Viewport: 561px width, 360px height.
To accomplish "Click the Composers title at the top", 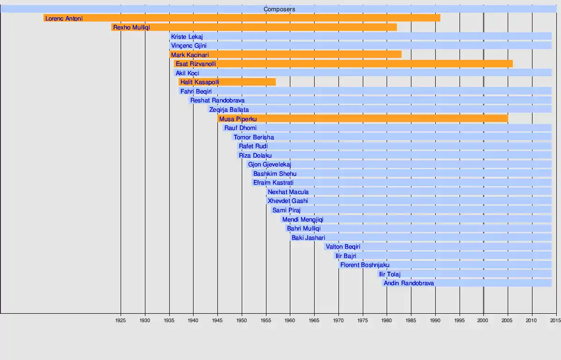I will pos(279,9).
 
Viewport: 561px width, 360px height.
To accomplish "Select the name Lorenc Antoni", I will pos(64,19).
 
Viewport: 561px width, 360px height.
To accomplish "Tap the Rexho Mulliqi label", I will pos(131,28).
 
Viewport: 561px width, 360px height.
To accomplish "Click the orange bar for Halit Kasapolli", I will pos(227,82).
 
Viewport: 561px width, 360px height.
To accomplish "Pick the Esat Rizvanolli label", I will pos(196,64).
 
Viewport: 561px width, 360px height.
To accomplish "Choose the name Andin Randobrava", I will pos(409,283).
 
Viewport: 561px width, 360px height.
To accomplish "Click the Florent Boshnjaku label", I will pos(365,265).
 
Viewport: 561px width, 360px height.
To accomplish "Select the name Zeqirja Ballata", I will pos(229,110).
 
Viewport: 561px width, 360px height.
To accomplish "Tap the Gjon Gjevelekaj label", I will pos(270,165).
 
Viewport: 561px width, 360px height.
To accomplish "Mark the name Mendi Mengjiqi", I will pos(303,220).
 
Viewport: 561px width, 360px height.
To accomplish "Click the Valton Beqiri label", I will pos(343,247).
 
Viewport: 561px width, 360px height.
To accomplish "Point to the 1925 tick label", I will pos(120,321).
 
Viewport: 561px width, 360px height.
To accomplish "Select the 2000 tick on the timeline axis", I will pos(483,321).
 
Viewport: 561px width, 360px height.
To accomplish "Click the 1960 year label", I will pos(290,321).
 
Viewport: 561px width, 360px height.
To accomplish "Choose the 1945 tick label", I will pos(217,321).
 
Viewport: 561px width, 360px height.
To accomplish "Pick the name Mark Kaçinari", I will pos(190,55).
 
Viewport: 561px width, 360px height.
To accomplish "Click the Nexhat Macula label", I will pos(288,192).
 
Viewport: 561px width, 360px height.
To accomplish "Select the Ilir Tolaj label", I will pos(390,274).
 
